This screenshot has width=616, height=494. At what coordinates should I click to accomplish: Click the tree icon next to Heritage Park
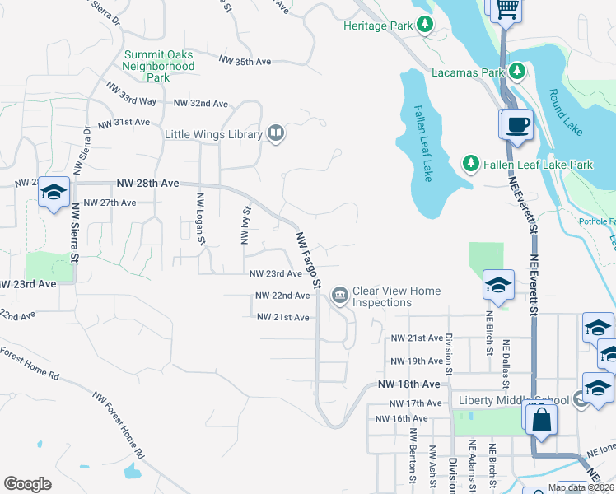425,26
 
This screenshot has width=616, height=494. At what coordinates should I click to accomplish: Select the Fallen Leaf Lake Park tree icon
470,164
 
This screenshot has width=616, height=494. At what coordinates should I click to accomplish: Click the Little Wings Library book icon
276,133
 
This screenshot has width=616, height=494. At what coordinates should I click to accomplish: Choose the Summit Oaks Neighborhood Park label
159,66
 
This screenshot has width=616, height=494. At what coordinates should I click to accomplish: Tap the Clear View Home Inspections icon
339,295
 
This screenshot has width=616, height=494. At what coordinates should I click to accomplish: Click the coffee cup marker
518,125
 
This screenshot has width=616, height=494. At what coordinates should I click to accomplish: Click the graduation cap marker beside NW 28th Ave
54,192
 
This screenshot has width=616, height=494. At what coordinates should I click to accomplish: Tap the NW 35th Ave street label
245,61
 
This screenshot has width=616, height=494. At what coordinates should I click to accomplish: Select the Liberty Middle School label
513,400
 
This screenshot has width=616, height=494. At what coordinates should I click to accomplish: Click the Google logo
27,484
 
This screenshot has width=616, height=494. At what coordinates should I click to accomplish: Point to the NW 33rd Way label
131,94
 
